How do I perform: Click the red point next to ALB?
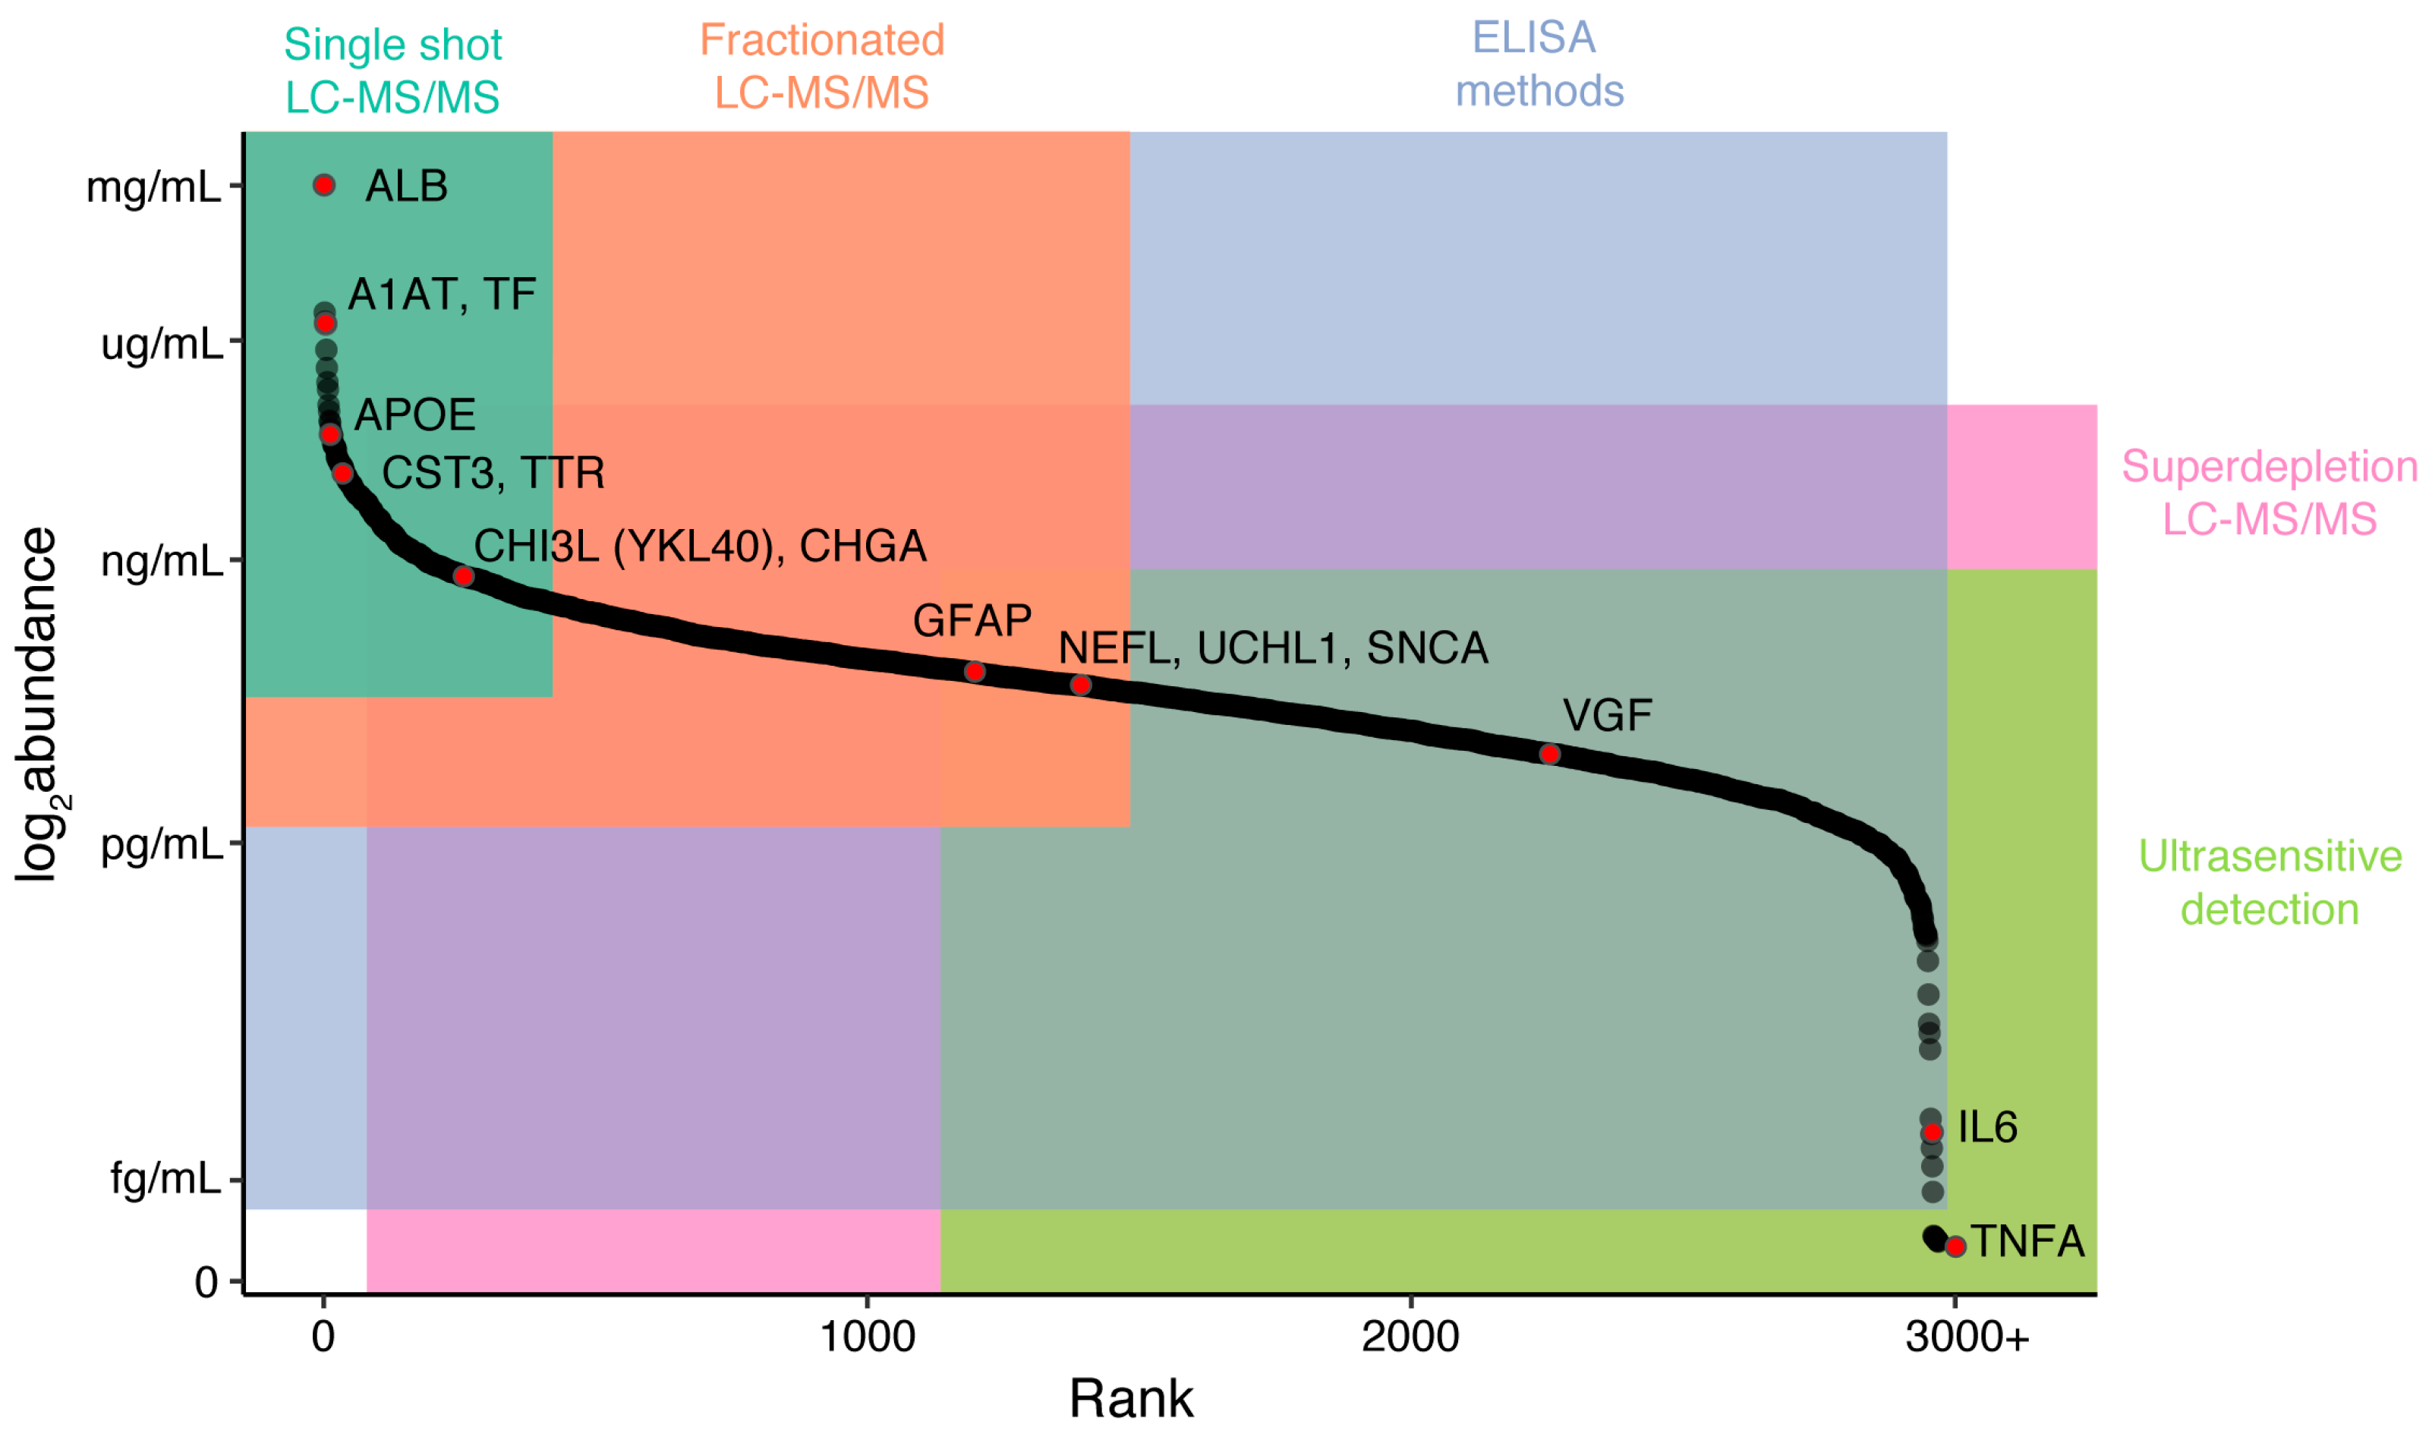pyautogui.click(x=324, y=185)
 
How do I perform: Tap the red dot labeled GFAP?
pyautogui.click(x=975, y=672)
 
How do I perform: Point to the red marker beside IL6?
pyautogui.click(x=1933, y=1132)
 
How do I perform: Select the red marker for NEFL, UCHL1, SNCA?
pyautogui.click(x=1082, y=685)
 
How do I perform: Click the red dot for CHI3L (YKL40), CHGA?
pyautogui.click(x=464, y=577)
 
